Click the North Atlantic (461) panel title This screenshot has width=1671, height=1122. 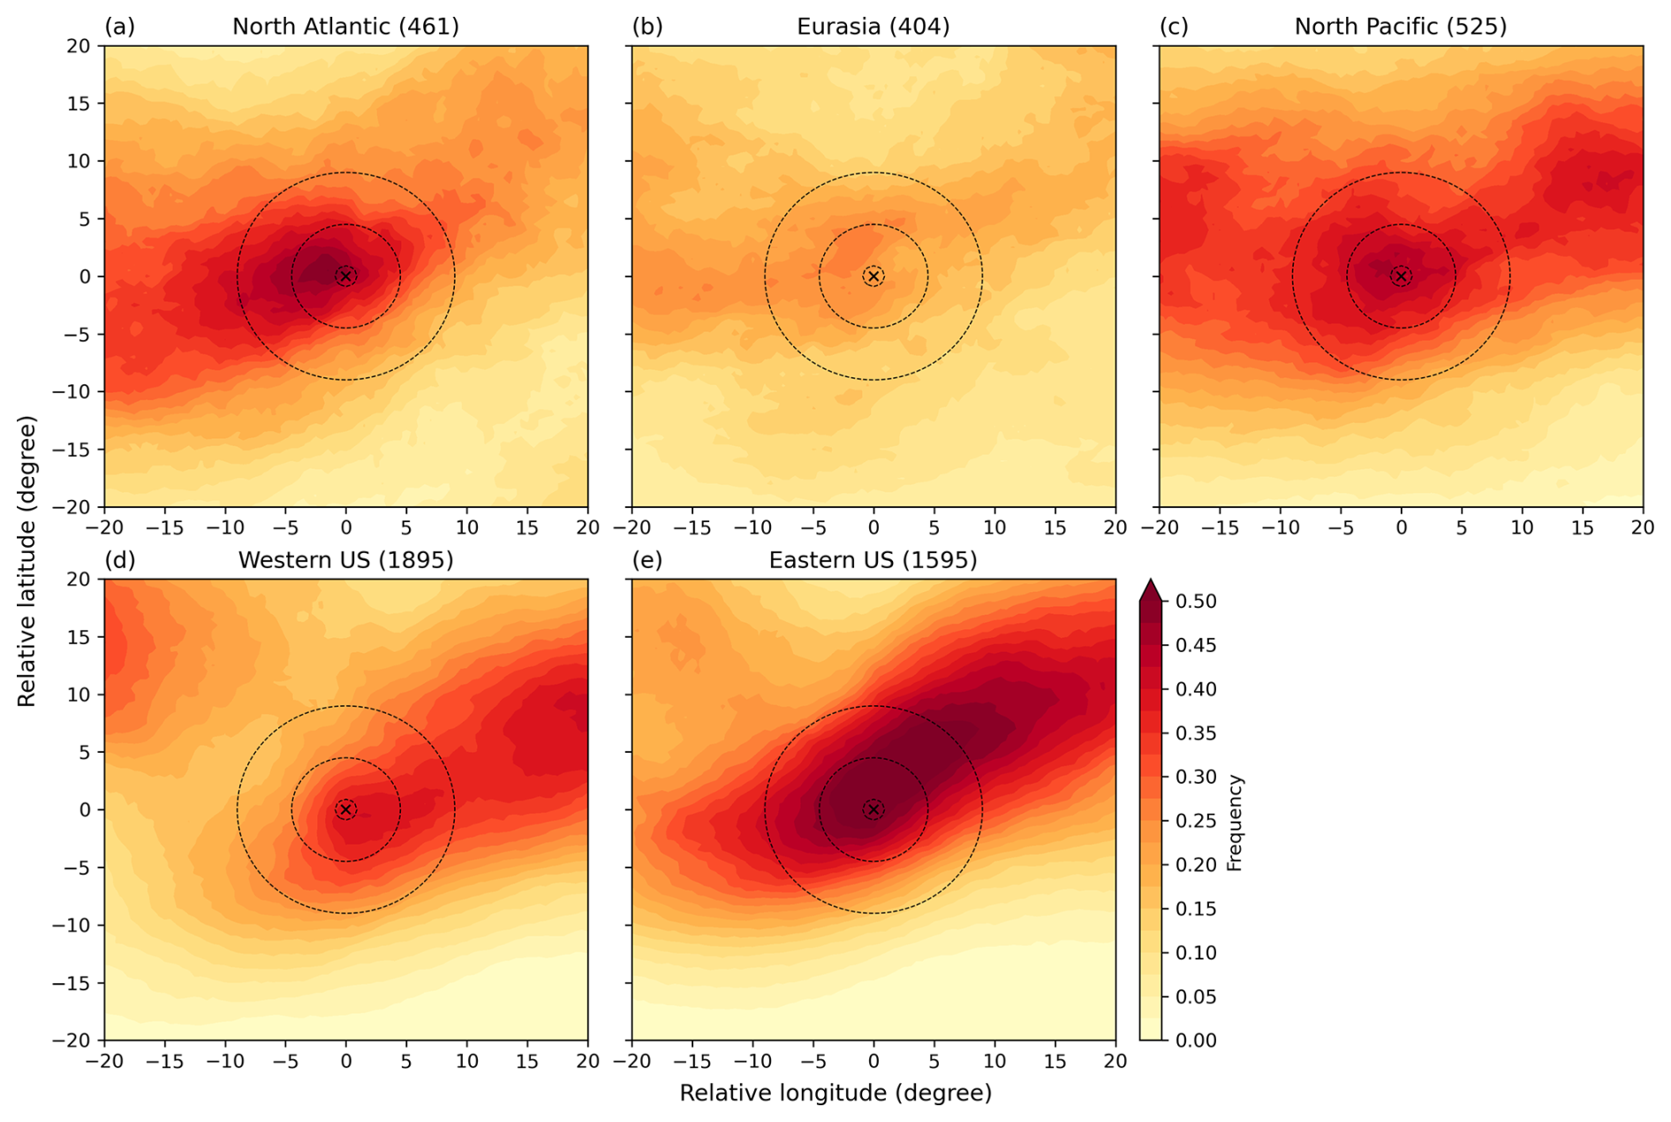point(345,27)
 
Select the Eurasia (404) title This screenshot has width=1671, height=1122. point(873,27)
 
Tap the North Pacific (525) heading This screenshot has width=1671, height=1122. point(1400,27)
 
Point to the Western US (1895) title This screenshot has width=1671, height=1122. point(345,560)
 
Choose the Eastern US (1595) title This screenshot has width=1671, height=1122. point(873,560)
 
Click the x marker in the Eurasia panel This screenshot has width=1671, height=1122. point(873,277)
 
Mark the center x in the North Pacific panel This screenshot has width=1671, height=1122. point(1401,277)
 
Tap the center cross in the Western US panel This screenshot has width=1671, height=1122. point(346,809)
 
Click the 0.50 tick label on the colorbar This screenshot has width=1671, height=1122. point(1196,602)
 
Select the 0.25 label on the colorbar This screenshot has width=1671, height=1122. point(1196,821)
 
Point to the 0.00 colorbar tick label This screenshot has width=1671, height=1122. point(1196,1040)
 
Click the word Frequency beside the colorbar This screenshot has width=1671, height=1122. point(1235,823)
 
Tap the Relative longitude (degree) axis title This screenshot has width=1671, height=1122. point(835,1094)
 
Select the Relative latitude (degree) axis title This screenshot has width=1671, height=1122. point(27,561)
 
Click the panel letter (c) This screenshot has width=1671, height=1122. point(1174,27)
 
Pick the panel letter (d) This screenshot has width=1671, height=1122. point(119,560)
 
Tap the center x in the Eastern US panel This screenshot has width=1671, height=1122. point(873,809)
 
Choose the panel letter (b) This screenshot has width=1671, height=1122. point(646,27)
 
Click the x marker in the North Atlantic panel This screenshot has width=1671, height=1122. point(346,277)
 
